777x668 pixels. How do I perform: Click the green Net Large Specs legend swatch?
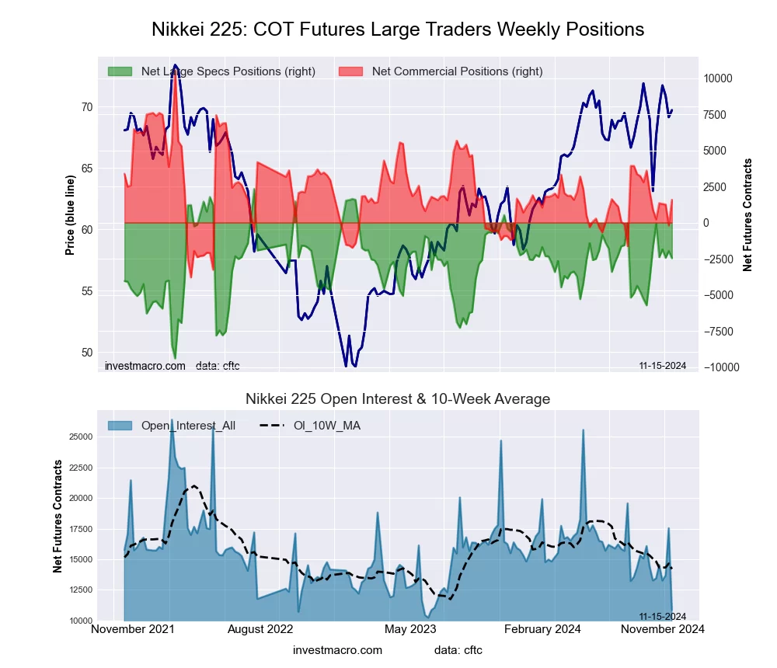(x=120, y=71)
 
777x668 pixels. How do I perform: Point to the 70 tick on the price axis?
(x=86, y=107)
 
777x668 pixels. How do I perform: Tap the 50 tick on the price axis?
(x=86, y=353)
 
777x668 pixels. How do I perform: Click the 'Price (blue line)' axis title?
(x=70, y=215)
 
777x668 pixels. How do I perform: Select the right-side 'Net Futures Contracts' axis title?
(x=747, y=215)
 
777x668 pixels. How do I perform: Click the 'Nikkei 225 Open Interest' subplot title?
(x=397, y=399)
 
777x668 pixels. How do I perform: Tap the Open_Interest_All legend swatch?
(x=120, y=425)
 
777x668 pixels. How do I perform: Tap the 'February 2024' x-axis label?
(x=546, y=629)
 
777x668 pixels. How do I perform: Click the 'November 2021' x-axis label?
(x=133, y=629)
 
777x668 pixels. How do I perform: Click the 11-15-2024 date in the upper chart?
(x=662, y=366)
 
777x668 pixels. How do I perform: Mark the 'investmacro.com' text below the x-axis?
(x=337, y=650)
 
